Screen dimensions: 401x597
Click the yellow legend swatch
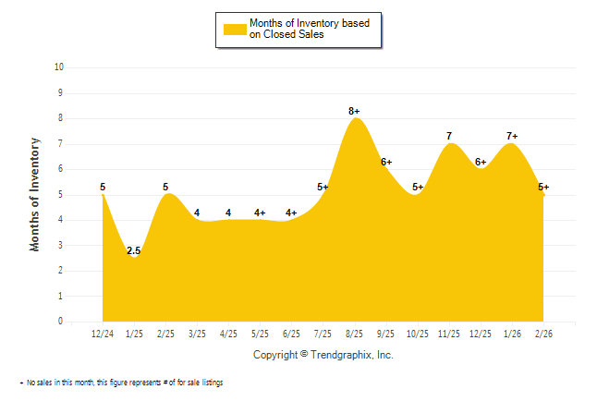(x=235, y=29)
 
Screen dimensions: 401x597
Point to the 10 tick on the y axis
(x=59, y=67)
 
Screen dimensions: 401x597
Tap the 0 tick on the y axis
(x=61, y=322)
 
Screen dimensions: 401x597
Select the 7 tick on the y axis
(x=61, y=143)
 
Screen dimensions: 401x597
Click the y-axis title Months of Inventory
(x=35, y=194)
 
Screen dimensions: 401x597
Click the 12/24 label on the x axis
(x=103, y=333)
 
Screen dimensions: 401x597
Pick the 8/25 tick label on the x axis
(x=355, y=333)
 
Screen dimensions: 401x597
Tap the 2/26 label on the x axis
(x=544, y=333)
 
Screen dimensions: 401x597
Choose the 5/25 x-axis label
(x=261, y=333)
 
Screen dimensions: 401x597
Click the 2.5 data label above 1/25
(x=134, y=250)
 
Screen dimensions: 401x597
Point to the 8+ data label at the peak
(x=354, y=112)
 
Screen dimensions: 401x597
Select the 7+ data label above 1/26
(x=512, y=137)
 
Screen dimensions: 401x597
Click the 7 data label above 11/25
(x=449, y=137)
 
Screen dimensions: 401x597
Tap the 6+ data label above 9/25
(x=386, y=163)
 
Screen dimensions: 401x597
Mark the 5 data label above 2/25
(x=165, y=188)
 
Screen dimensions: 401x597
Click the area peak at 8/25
(x=355, y=119)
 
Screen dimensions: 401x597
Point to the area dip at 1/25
(x=134, y=258)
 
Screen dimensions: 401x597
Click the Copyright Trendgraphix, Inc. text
(x=323, y=355)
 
